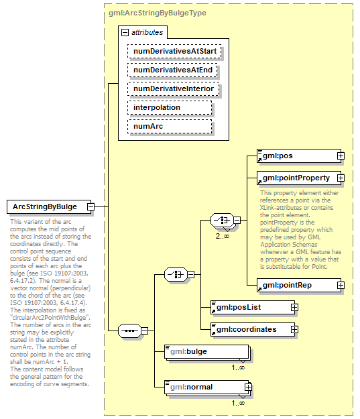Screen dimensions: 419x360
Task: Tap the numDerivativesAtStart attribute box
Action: coord(174,50)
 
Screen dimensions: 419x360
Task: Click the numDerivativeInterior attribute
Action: coord(174,88)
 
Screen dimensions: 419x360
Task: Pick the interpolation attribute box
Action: coord(169,107)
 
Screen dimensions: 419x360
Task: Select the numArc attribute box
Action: coord(169,126)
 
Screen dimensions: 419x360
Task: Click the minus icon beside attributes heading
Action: coord(124,32)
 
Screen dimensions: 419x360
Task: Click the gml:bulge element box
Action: coord(205,351)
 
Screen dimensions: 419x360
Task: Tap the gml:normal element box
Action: coord(205,386)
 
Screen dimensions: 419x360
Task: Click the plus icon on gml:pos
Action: coord(341,156)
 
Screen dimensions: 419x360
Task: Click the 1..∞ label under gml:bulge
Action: coord(238,367)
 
